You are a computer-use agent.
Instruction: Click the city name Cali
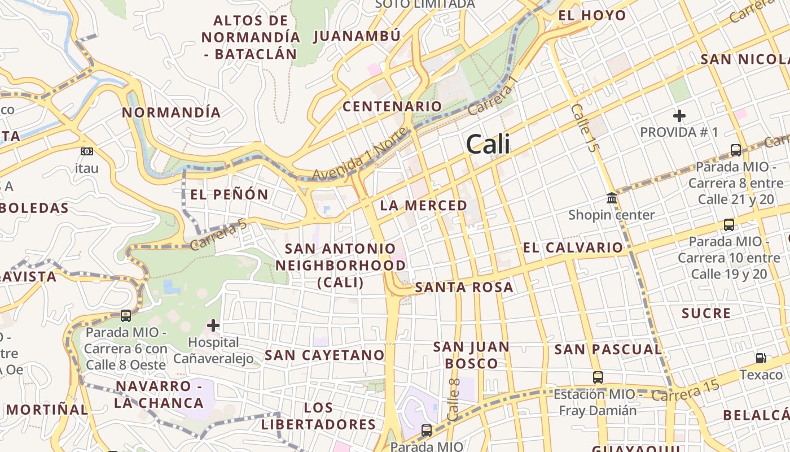pos(488,145)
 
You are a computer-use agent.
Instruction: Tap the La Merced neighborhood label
pos(423,205)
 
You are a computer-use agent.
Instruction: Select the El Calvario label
pos(573,247)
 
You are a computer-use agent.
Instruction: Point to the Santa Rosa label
pos(464,287)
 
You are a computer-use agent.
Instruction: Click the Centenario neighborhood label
pos(392,106)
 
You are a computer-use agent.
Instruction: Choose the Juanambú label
pos(357,36)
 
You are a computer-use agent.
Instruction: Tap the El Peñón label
pos(229,195)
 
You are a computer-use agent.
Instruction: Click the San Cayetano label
pos(324,355)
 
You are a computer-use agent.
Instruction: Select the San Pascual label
pos(608,350)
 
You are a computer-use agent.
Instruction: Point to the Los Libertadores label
pos(318,416)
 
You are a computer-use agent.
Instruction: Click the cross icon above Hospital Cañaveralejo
pos(213,325)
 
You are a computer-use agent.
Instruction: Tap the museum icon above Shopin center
pos(611,198)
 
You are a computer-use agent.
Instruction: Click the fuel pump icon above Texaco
pos(761,358)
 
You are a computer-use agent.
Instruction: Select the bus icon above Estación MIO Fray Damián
pos(598,377)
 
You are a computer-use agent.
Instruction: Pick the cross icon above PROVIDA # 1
pos(679,116)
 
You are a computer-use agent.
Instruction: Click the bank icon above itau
pos(86,151)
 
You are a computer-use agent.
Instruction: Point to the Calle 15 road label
pos(584,128)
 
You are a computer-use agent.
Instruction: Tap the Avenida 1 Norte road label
pos(359,154)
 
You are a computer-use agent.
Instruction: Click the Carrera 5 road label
pos(219,235)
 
